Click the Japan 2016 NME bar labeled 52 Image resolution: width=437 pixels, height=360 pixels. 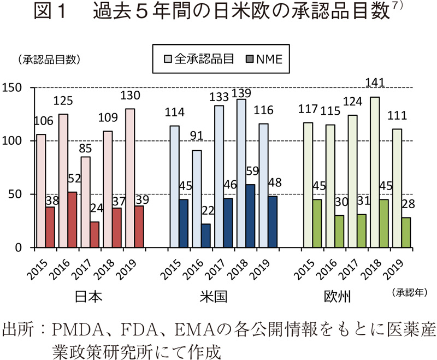[x=73, y=220]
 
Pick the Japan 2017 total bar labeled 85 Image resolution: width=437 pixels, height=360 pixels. [x=85, y=202]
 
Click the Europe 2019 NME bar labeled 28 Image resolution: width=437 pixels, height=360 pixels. [x=406, y=232]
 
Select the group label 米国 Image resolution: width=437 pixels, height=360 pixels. [x=211, y=297]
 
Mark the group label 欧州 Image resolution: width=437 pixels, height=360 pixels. [x=337, y=297]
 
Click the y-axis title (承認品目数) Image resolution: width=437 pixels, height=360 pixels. [x=49, y=60]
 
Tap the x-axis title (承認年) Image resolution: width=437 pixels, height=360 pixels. [x=410, y=293]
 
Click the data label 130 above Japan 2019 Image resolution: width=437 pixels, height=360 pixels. [x=130, y=95]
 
